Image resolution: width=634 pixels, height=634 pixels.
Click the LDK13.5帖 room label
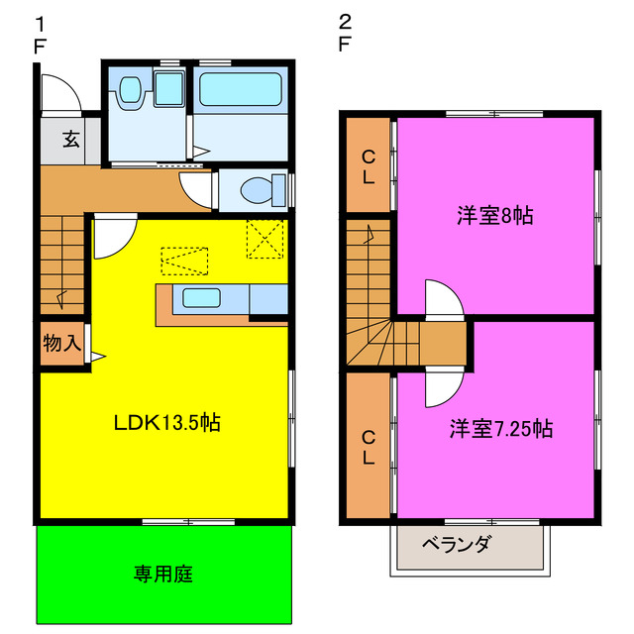click(x=166, y=423)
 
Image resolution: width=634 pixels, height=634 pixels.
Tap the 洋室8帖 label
click(x=494, y=215)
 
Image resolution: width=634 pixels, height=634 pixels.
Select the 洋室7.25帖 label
click(x=500, y=429)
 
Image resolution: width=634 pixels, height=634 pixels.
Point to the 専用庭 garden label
click(x=163, y=574)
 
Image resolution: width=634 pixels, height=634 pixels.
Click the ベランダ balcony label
click(x=457, y=544)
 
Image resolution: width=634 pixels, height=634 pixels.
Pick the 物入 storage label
click(x=60, y=344)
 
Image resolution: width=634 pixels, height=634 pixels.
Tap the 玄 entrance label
click(x=71, y=140)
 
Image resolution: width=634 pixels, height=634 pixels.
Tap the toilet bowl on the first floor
click(x=258, y=188)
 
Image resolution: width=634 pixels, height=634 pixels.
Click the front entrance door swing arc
click(x=62, y=92)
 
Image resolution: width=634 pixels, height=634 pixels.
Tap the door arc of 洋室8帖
click(x=443, y=297)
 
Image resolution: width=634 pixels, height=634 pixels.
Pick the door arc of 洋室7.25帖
click(x=443, y=388)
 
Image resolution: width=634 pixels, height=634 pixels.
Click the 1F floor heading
click(x=40, y=34)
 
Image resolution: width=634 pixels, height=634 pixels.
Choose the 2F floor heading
click(x=344, y=34)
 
